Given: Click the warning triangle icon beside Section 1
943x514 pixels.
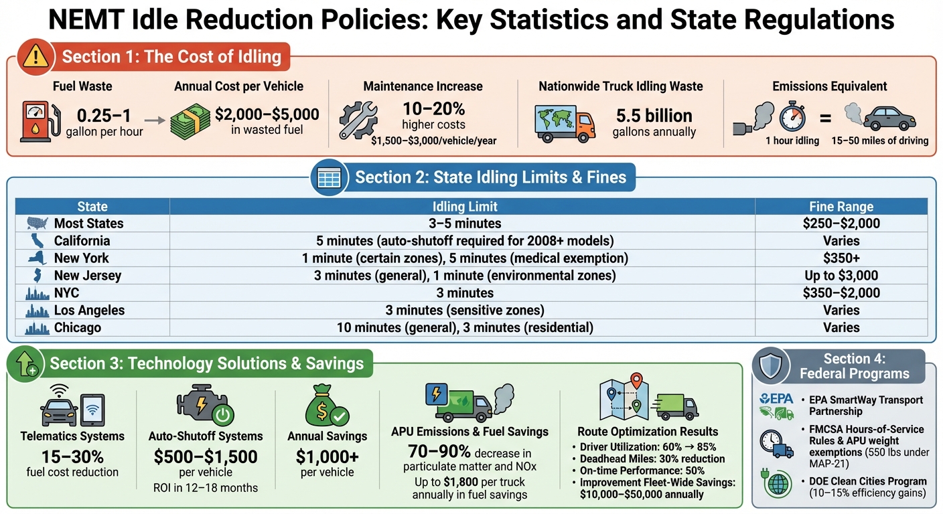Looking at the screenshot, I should (35, 56).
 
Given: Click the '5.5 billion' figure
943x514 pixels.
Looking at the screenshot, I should (654, 115).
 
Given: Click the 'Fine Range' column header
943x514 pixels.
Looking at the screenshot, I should (841, 206).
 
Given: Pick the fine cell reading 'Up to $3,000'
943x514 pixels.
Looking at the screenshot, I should (841, 275).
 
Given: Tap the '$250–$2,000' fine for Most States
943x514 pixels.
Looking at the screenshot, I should (841, 224).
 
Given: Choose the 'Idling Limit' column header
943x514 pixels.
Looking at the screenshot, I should (465, 206).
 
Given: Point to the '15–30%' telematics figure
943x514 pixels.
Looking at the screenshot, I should (72, 456).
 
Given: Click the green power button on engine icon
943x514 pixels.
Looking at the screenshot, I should (222, 416).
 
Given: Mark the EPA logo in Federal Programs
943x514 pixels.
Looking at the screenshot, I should (777, 400).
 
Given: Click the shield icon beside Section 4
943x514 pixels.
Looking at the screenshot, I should (774, 365).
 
